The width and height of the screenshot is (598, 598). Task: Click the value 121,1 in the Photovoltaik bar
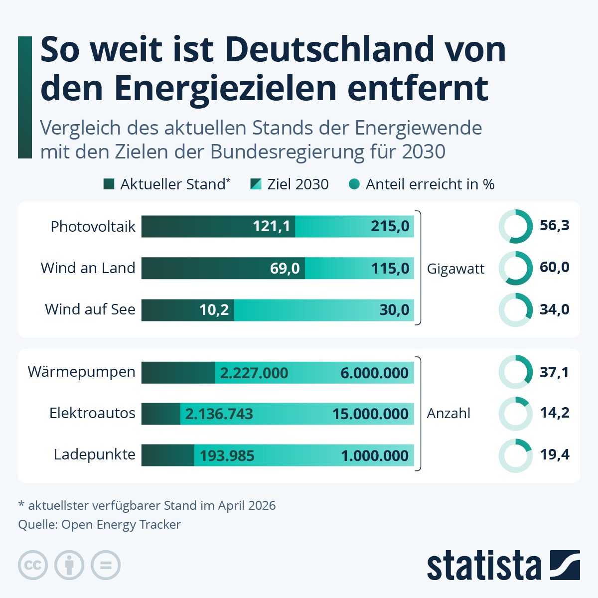[271, 226]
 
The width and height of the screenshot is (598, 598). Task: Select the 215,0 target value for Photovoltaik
[390, 226]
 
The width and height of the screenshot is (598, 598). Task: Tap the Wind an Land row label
[88, 268]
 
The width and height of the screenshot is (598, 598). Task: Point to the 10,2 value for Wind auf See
[214, 310]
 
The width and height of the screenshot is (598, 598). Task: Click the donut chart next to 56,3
[516, 227]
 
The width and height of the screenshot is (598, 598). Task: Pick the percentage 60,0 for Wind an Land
[554, 268]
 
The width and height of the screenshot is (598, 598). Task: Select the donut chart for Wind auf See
[516, 310]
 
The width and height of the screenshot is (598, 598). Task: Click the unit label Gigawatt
[455, 269]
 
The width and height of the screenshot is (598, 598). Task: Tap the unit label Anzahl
[448, 414]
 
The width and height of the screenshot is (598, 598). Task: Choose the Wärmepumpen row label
[82, 372]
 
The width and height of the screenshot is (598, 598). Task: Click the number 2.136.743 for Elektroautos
[219, 414]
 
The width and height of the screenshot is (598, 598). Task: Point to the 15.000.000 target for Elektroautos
[370, 414]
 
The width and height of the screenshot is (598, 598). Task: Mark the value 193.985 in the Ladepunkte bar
[227, 456]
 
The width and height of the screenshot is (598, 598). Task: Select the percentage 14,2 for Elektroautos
[555, 413]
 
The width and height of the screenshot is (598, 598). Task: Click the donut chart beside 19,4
[516, 455]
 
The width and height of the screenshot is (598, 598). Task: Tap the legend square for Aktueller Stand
[109, 184]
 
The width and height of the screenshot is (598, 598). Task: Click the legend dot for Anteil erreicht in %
[354, 184]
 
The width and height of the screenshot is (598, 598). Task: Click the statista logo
[503, 565]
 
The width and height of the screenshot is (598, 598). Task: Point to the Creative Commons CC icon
[33, 565]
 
